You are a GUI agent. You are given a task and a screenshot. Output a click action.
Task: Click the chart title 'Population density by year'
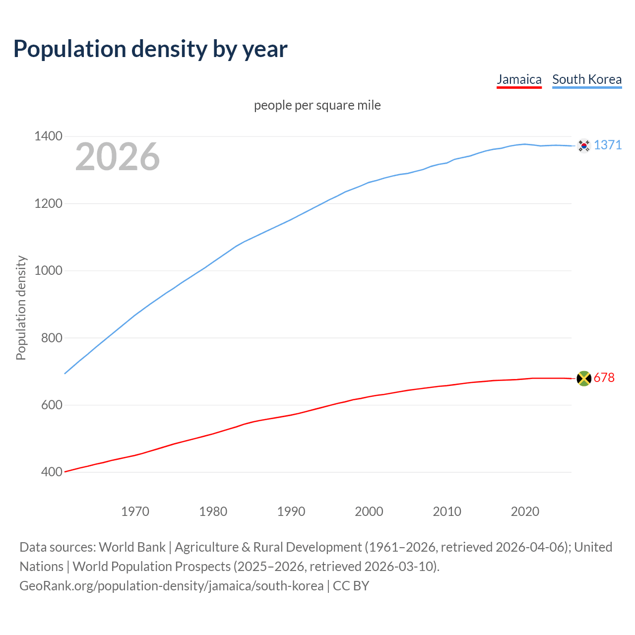coord(150,49)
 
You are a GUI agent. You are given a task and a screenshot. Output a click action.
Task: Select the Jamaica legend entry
coord(519,79)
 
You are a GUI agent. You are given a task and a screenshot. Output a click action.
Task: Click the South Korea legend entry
coord(586,79)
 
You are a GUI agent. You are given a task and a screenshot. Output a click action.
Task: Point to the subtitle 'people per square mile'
coord(317,106)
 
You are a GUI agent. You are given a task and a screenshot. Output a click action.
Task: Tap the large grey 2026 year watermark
coord(118,157)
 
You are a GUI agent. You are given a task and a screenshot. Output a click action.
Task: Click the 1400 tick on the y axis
coord(48,136)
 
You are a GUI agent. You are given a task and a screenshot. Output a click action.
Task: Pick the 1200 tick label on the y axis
coord(48,203)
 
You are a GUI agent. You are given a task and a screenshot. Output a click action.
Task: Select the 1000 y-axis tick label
coord(48,271)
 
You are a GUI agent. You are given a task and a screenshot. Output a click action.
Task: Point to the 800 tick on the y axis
coord(52,338)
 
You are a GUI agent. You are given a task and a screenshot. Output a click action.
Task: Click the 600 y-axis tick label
coord(52,405)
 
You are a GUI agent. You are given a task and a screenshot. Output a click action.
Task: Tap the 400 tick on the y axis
coord(52,472)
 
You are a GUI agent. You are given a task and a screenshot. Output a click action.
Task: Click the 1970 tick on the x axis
coord(135,511)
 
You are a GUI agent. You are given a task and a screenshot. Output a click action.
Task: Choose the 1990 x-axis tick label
coord(291,511)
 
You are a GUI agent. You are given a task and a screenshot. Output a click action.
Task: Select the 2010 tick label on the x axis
coord(447,511)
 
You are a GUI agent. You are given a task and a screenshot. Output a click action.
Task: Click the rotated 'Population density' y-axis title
coord(21,308)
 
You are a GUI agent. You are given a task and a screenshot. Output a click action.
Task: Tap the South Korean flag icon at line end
coord(584,146)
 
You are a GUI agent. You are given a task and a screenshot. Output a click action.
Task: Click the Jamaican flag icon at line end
coord(584,379)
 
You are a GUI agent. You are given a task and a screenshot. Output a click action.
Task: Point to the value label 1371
coord(607,145)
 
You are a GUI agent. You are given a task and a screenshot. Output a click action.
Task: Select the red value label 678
coord(604,378)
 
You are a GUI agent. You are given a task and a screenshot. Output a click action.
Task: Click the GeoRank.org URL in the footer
coord(171,586)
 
